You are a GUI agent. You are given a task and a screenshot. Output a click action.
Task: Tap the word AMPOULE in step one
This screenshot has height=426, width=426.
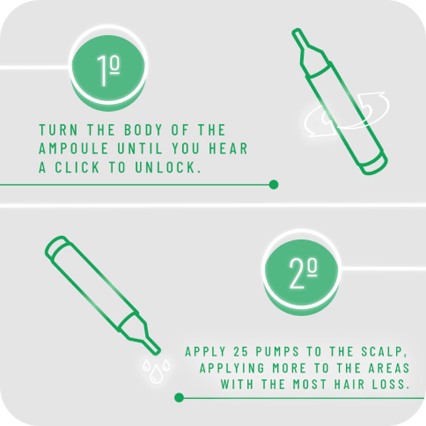pyautogui.click(x=73, y=148)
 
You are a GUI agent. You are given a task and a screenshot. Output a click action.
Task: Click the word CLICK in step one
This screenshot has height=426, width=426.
pyautogui.click(x=77, y=168)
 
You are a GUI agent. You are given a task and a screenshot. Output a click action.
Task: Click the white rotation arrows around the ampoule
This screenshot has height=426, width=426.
pyautogui.click(x=346, y=114)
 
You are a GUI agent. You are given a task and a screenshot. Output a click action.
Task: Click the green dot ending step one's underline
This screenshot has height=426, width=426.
pyautogui.click(x=274, y=184)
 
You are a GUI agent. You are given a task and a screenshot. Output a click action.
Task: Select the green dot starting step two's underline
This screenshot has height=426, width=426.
pyautogui.click(x=179, y=398)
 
